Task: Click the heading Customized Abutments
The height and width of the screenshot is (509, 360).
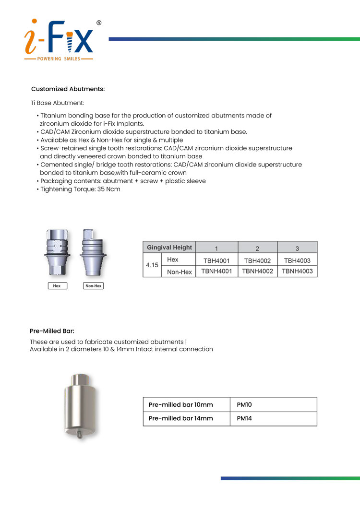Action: pyautogui.click(x=68, y=89)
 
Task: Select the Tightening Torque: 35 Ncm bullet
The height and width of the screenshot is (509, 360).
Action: pyautogui.click(x=80, y=189)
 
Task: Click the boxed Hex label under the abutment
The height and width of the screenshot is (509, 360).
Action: pyautogui.click(x=57, y=286)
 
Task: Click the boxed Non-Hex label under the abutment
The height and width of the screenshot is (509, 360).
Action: pyautogui.click(x=94, y=286)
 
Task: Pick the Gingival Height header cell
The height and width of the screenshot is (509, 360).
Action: pyautogui.click(x=169, y=248)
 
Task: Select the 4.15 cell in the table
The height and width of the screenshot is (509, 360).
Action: pyautogui.click(x=152, y=265)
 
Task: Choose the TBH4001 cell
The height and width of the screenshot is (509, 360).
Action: pyautogui.click(x=216, y=260)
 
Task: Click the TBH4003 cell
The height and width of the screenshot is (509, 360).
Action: pyautogui.click(x=297, y=260)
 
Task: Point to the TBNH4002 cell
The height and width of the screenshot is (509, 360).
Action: pyautogui.click(x=257, y=272)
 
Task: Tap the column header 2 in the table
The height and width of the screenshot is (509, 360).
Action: pyautogui.click(x=257, y=248)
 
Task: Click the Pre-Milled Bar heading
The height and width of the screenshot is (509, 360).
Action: pyautogui.click(x=52, y=331)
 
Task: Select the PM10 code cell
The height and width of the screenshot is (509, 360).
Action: pyautogui.click(x=244, y=405)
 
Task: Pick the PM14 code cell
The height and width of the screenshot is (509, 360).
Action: pyautogui.click(x=244, y=418)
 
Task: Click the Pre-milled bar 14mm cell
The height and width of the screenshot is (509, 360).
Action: pyautogui.click(x=181, y=418)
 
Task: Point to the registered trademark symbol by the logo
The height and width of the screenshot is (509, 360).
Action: pyautogui.click(x=99, y=23)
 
